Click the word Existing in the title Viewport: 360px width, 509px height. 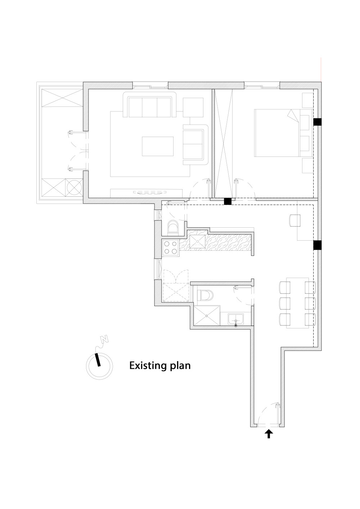[146, 366]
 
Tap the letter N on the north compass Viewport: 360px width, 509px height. [104, 339]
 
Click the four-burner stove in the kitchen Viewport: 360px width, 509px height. [171, 247]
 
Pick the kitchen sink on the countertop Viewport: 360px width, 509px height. [197, 242]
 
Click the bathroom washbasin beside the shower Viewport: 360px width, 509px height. [236, 319]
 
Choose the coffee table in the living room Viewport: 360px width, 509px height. [158, 146]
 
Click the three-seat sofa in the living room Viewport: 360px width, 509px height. [150, 106]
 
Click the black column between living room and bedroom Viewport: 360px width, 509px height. [228, 201]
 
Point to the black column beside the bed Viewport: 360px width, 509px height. [317, 122]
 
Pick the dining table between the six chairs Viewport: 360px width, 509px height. [297, 303]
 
